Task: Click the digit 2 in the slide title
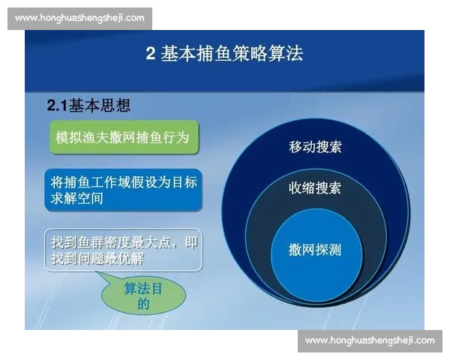[150, 55]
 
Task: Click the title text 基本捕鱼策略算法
[233, 55]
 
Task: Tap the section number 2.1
[58, 106]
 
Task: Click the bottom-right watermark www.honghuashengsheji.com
[370, 340]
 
